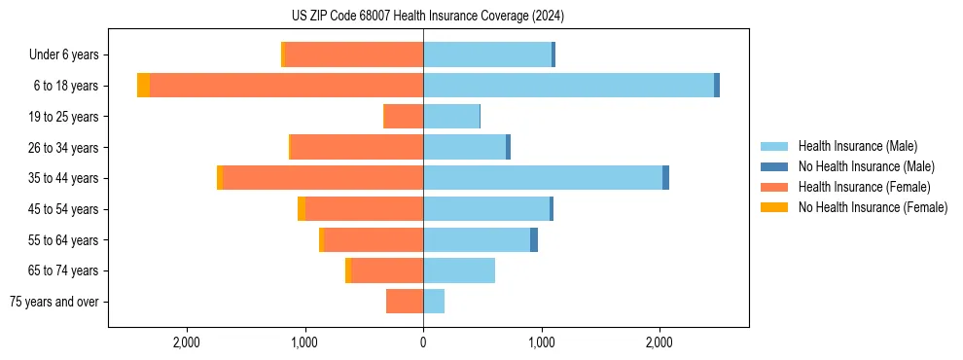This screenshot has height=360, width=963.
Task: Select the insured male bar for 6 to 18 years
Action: click(568, 86)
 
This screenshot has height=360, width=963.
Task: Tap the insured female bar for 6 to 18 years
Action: click(286, 86)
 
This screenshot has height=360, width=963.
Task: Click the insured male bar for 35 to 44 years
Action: click(543, 178)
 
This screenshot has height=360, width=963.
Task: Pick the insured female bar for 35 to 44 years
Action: click(323, 178)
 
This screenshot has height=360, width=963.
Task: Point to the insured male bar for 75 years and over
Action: click(434, 302)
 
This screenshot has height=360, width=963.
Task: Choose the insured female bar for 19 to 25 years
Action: click(404, 117)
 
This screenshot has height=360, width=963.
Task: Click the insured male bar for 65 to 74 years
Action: click(459, 270)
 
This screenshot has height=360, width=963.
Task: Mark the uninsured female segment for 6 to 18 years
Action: click(143, 86)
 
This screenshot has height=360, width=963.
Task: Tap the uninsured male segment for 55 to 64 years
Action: click(534, 239)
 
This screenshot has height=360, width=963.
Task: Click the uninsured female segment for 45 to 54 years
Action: click(302, 209)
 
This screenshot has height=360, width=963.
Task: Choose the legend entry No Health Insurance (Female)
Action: click(873, 207)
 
